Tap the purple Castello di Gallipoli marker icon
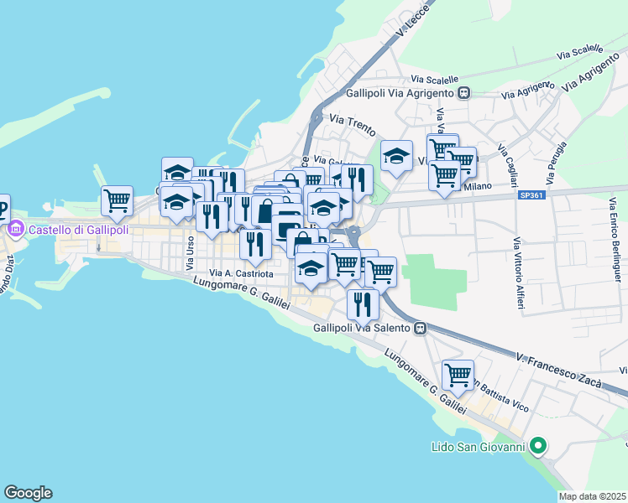click(x=15, y=229)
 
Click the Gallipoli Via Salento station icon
click(x=418, y=328)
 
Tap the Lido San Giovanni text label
click(x=478, y=446)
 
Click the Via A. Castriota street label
click(x=241, y=273)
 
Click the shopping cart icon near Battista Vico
click(x=458, y=375)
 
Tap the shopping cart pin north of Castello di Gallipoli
click(x=117, y=200)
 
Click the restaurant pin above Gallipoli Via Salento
click(x=363, y=303)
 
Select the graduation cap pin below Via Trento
click(x=397, y=156)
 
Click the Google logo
click(x=28, y=493)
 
